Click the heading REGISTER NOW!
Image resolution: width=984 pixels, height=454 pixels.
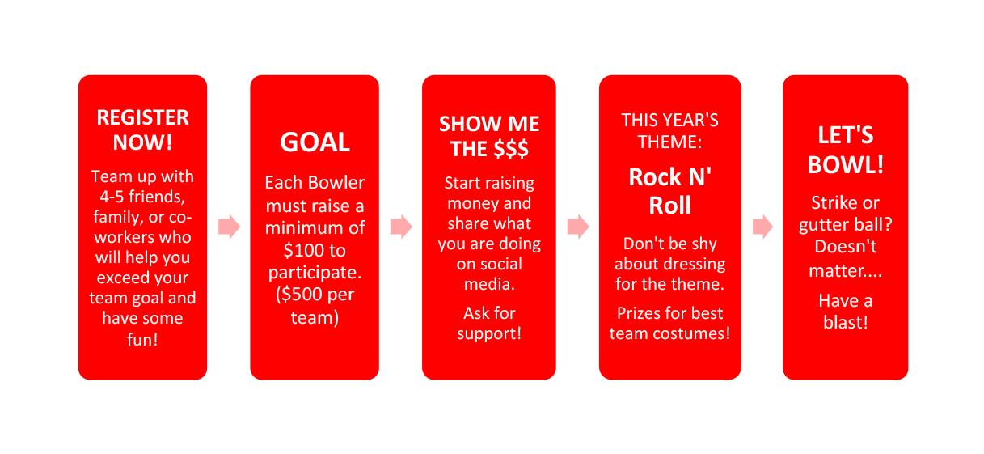pos(142,129)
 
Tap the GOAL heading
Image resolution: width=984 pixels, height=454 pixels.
pos(315,142)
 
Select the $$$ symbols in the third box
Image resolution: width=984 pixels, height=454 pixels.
pos(511,150)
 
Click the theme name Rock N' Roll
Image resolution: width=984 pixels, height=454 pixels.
pos(670,191)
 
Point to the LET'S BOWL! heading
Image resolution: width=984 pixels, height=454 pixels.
pos(846,150)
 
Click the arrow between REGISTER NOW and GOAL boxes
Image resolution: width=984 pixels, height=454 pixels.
pos(230,227)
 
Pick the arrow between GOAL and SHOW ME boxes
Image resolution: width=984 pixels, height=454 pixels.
pos(401,227)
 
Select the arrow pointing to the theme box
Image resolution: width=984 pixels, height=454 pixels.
pos(578,227)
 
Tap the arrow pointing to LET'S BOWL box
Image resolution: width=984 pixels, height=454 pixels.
pos(762,227)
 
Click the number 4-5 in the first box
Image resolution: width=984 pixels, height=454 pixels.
pos(112,197)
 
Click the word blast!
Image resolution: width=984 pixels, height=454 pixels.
pos(846,323)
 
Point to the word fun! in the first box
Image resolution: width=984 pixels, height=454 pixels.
pos(142,339)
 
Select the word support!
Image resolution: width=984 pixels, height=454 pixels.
pos(489,334)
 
